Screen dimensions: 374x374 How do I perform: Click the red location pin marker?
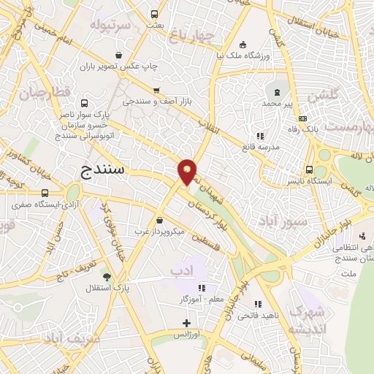(187, 171)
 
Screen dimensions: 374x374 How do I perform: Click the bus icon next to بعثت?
(154, 14)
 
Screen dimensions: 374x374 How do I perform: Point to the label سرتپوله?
(110, 25)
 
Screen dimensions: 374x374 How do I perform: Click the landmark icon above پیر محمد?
(277, 92)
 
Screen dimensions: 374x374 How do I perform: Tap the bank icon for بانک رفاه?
(304, 119)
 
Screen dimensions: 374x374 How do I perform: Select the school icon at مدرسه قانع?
(259, 135)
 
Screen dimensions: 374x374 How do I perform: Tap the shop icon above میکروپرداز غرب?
(159, 220)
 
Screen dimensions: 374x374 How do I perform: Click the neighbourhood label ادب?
(179, 272)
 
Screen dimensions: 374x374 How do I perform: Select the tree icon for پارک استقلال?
(107, 276)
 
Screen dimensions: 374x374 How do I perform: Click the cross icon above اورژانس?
(186, 322)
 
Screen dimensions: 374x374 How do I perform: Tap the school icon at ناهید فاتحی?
(256, 303)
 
